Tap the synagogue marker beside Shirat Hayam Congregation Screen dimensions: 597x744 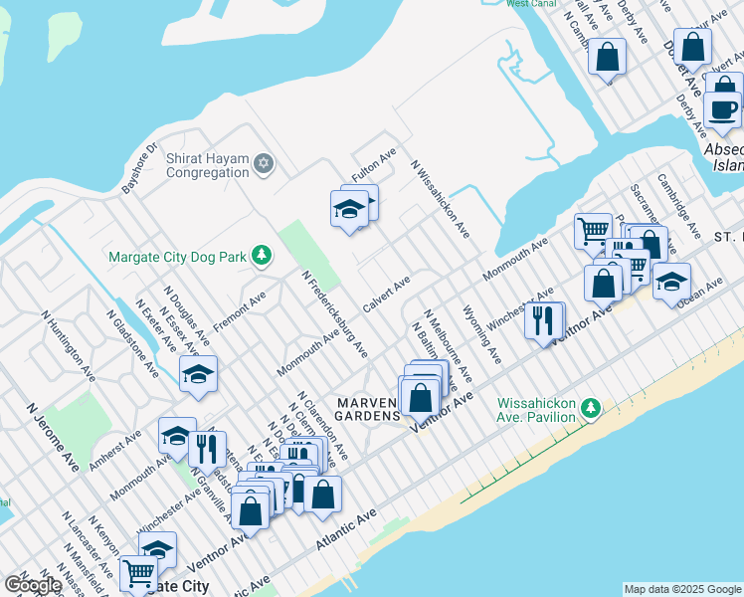pyautogui.click(x=264, y=163)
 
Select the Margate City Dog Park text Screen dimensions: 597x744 pyautogui.click(x=176, y=257)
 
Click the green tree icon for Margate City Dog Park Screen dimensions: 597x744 pyautogui.click(x=262, y=257)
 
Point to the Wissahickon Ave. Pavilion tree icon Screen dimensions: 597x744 pyautogui.click(x=591, y=408)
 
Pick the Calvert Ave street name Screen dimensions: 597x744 pyautogui.click(x=387, y=296)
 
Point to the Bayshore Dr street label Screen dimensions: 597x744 pyautogui.click(x=139, y=169)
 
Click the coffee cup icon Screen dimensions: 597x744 pyautogui.click(x=723, y=109)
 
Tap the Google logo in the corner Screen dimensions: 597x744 pyautogui.click(x=32, y=585)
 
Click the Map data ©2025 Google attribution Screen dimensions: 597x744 pyautogui.click(x=681, y=589)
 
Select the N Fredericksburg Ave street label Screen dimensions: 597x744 pyautogui.click(x=335, y=313)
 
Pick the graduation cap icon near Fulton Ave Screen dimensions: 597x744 pyautogui.click(x=349, y=209)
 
